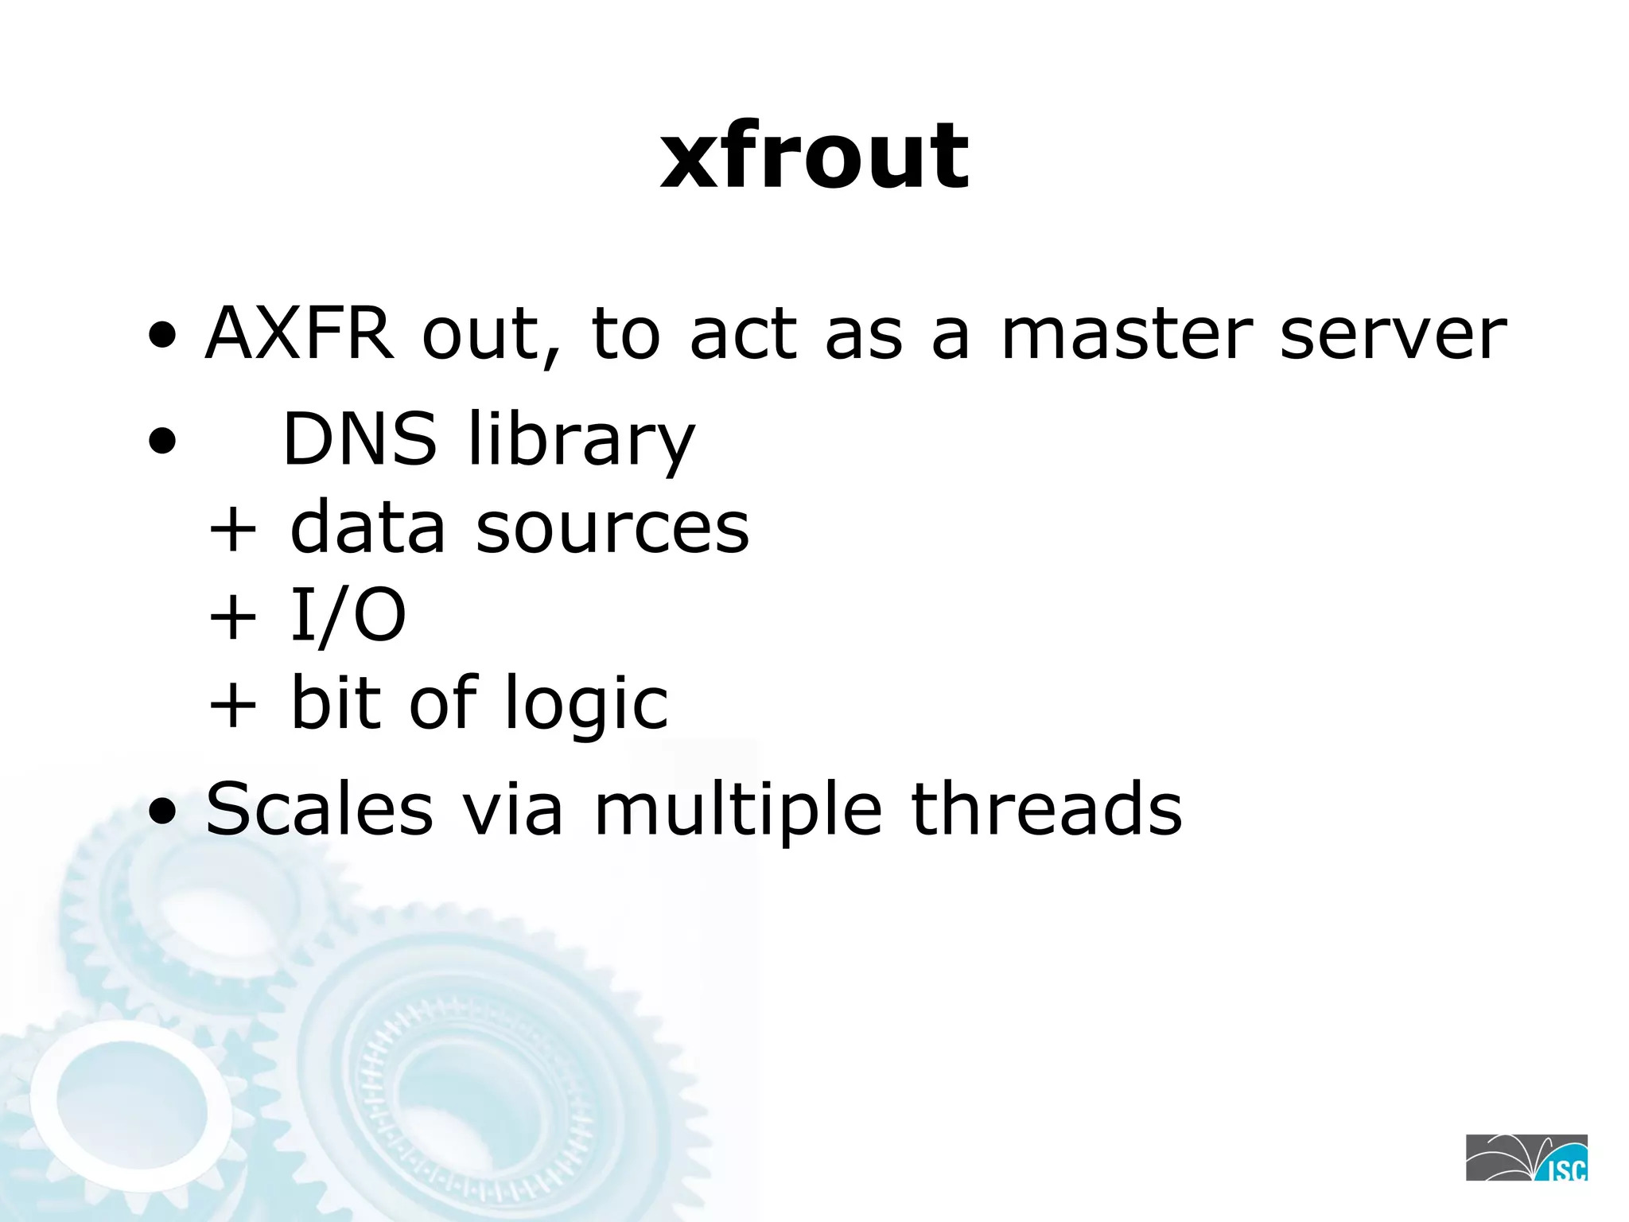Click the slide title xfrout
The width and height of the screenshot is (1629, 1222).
coord(814,157)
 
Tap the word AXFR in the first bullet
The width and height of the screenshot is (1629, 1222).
coord(299,333)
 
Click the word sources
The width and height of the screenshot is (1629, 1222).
coord(612,528)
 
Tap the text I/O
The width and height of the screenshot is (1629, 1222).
coord(348,615)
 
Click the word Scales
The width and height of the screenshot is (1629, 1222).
coord(320,809)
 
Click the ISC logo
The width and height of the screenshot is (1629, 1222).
coord(1526,1158)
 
